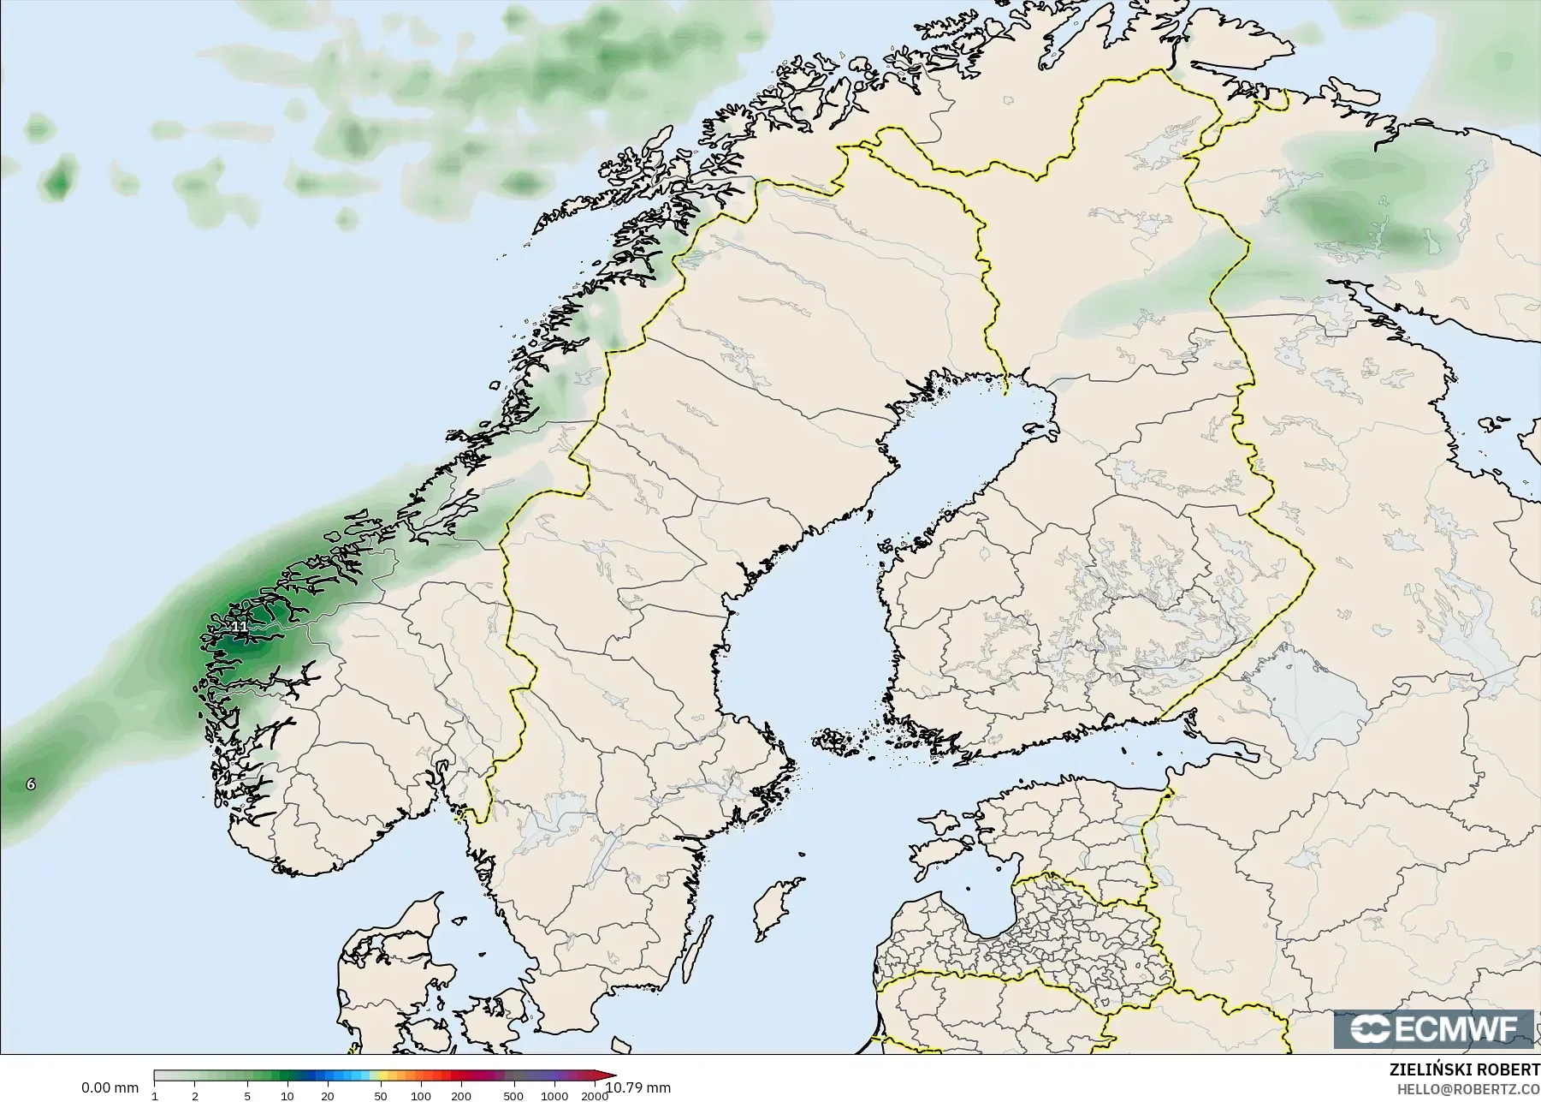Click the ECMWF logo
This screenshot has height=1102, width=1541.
[x=1434, y=1028]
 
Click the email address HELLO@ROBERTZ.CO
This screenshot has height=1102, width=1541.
[x=1468, y=1089]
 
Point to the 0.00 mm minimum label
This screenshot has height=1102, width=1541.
[x=110, y=1087]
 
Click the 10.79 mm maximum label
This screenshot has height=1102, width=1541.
[x=638, y=1087]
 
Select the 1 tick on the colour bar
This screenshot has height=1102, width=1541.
[x=155, y=1096]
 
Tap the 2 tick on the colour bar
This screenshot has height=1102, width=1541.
[x=195, y=1096]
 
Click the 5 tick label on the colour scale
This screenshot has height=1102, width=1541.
[x=247, y=1096]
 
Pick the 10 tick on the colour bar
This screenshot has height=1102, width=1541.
[x=287, y=1096]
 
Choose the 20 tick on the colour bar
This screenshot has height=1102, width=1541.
[x=328, y=1096]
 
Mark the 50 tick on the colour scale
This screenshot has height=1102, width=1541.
[x=380, y=1096]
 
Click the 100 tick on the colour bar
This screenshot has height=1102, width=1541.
[x=420, y=1096]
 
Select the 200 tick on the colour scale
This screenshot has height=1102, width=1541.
[x=460, y=1096]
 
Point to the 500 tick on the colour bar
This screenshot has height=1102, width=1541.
[x=513, y=1096]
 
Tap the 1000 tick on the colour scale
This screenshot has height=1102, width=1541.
[x=553, y=1096]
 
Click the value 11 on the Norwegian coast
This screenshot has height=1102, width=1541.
[x=240, y=627]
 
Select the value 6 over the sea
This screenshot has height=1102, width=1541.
[x=31, y=783]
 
